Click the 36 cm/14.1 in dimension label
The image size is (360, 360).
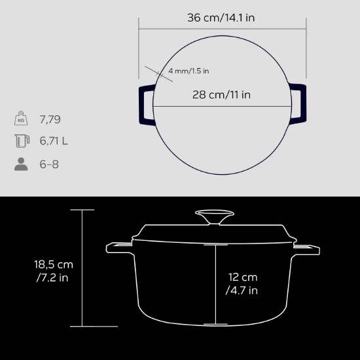pyautogui.click(x=221, y=18)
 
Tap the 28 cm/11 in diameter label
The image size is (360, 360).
pyautogui.click(x=221, y=94)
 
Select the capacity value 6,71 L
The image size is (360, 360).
pyautogui.click(x=55, y=141)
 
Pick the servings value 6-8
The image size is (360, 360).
pyautogui.click(x=50, y=164)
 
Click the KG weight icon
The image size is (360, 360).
pyautogui.click(x=21, y=119)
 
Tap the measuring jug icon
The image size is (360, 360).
pyautogui.click(x=21, y=141)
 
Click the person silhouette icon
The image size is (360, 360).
pyautogui.click(x=21, y=164)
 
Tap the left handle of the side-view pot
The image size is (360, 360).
pyautogui.click(x=119, y=248)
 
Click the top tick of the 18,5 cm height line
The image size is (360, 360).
pyautogui.click(x=82, y=210)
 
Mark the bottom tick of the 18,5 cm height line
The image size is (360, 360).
pyautogui.click(x=82, y=325)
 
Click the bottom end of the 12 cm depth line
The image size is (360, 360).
pyautogui.click(x=210, y=323)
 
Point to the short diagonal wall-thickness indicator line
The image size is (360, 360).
pyautogui.click(x=156, y=73)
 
